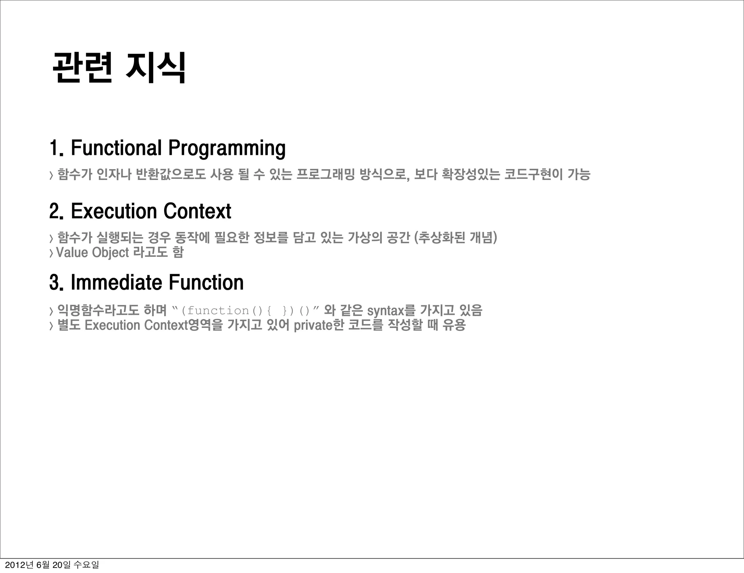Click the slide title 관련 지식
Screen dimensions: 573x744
point(119,68)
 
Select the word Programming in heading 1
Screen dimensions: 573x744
point(227,149)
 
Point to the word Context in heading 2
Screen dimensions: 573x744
point(197,211)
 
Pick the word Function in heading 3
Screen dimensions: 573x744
point(206,283)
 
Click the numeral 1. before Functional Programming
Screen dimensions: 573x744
point(57,148)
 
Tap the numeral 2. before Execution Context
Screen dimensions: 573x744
point(57,211)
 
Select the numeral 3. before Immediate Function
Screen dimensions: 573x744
point(57,283)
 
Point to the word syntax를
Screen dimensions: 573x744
point(391,311)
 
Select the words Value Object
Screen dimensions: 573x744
point(92,252)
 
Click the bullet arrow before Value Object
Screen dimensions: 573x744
point(51,253)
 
